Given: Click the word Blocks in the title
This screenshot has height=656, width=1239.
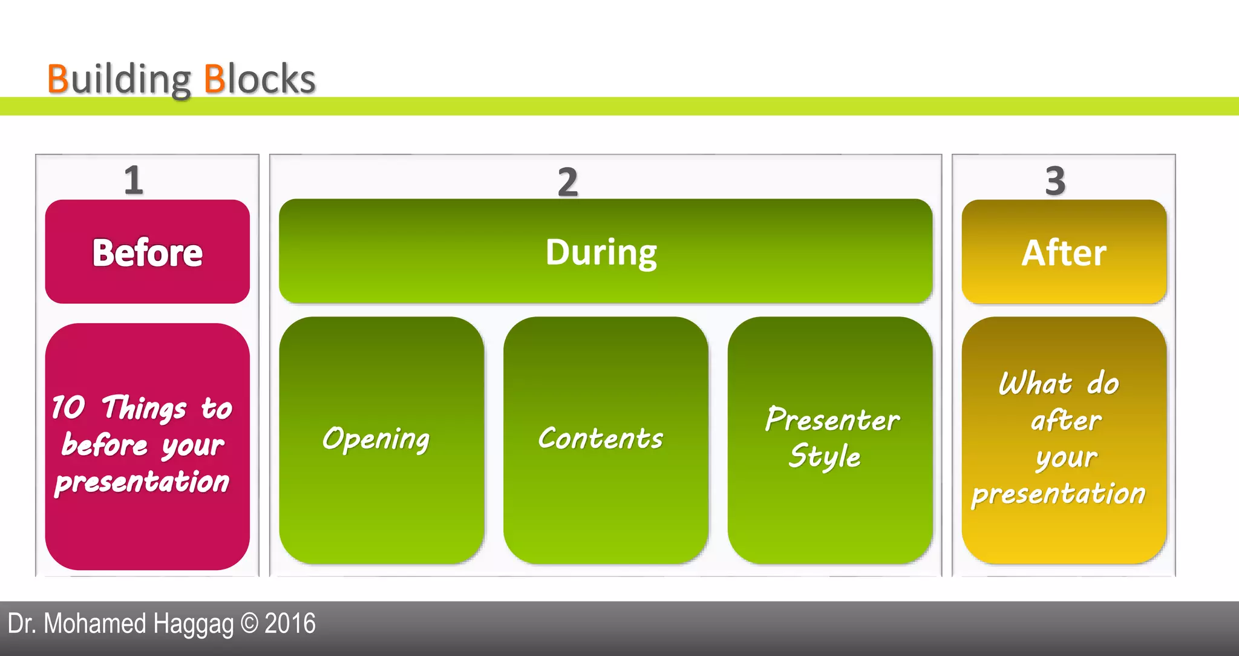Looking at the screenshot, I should click(260, 79).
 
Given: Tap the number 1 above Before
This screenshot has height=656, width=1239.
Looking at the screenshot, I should click(134, 180).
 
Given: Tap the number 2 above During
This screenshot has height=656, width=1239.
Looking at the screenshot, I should click(567, 182).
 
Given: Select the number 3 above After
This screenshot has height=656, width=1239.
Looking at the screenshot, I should click(1055, 181).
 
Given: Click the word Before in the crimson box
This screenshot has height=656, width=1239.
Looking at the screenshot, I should click(147, 252).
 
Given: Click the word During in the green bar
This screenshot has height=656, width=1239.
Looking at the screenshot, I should click(601, 252).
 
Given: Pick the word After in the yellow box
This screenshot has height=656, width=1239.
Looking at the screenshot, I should click(1064, 252).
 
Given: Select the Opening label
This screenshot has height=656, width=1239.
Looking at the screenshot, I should click(376, 439).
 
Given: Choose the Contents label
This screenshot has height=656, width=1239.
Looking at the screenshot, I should click(601, 438).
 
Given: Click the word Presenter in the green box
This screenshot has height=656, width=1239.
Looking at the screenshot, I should click(832, 419).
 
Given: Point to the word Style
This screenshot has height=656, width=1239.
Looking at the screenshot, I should click(825, 456).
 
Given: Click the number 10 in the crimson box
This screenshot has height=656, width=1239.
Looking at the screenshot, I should click(68, 407).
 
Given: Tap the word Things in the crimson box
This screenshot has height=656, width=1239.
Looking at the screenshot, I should click(144, 408).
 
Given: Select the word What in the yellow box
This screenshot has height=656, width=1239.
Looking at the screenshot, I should click(1035, 384).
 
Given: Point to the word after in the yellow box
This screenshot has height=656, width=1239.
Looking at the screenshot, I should click(1066, 421).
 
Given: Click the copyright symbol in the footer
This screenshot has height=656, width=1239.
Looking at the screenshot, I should click(249, 623).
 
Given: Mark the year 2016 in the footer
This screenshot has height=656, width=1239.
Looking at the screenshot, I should click(290, 623).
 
